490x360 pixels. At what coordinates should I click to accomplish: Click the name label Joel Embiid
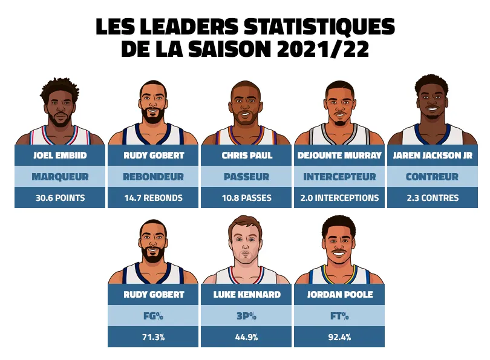click(60, 155)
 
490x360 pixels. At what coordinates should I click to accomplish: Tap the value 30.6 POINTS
click(60, 198)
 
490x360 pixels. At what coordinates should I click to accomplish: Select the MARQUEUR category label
click(60, 177)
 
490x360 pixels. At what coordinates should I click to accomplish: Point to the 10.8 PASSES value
click(246, 198)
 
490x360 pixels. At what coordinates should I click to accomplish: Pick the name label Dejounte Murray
click(339, 155)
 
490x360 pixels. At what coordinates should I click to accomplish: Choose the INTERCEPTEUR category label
click(339, 177)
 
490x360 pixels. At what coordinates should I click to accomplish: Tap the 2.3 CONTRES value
click(433, 198)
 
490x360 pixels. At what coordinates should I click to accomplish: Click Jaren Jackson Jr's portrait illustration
click(433, 109)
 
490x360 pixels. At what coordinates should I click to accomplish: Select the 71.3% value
click(153, 337)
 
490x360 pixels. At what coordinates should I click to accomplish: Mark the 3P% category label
click(246, 316)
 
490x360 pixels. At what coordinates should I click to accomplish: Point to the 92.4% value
click(339, 337)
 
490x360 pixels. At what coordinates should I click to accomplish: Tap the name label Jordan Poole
click(339, 295)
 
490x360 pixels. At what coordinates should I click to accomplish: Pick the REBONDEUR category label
click(153, 177)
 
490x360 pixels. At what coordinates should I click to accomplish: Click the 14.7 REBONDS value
click(153, 198)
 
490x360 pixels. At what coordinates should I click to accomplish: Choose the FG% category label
click(153, 316)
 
